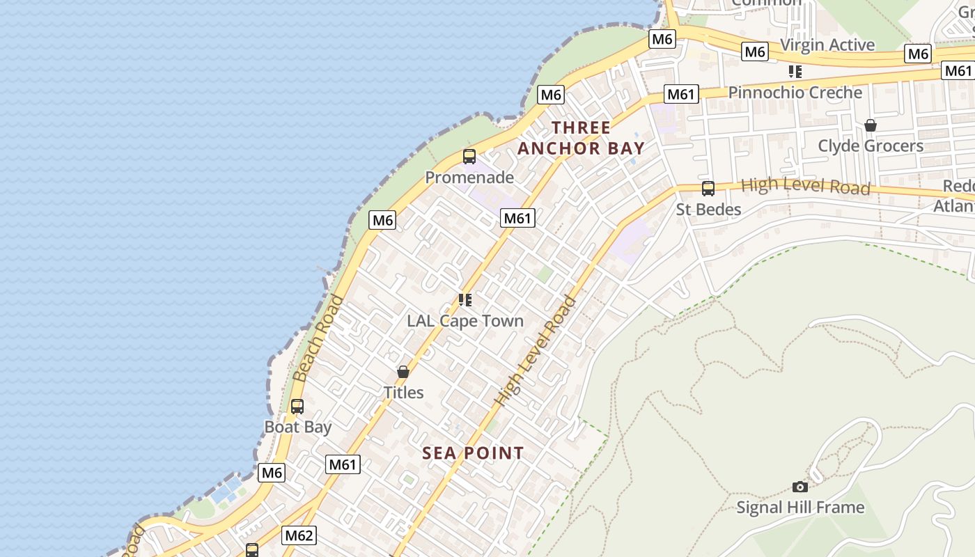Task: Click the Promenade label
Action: coord(469,178)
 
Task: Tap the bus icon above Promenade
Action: coord(469,156)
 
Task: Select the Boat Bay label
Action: coord(298,427)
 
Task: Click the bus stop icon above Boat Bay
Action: coord(297,406)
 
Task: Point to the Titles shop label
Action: coord(403,392)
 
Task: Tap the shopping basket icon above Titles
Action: coord(403,372)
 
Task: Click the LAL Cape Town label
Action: coord(465,321)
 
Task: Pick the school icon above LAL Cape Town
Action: coord(465,300)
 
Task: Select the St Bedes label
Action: coord(708,209)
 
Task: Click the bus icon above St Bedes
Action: coord(708,188)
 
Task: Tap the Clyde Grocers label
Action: coord(871,146)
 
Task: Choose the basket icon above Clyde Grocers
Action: coord(871,125)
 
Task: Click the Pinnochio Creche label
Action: coord(795,93)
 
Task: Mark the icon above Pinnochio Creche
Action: coord(795,72)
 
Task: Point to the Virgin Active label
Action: coord(827,45)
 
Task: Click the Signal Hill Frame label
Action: coord(800,508)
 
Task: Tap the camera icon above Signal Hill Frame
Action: coord(800,487)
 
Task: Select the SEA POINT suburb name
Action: coord(473,453)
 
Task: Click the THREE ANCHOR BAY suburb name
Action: coord(581,138)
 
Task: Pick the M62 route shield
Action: coord(299,535)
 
